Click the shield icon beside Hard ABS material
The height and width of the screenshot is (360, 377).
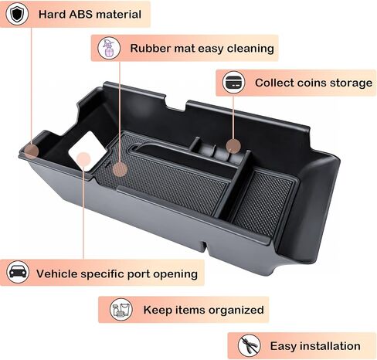[x=17, y=14]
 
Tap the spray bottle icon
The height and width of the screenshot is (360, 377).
[x=109, y=48]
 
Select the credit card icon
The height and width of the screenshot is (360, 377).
[x=234, y=83]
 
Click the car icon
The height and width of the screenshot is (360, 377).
[x=18, y=272]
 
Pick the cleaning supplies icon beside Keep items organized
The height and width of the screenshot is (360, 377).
[x=121, y=309]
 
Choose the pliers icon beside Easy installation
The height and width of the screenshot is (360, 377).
[x=249, y=345]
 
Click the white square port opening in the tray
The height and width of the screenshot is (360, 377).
[x=87, y=151]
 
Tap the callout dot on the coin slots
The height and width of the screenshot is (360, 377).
[x=233, y=146]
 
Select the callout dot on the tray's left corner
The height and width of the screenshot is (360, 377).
[x=32, y=151]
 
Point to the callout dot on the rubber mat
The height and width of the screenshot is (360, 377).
[x=120, y=169]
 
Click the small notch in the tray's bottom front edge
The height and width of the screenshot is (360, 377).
[x=204, y=245]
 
